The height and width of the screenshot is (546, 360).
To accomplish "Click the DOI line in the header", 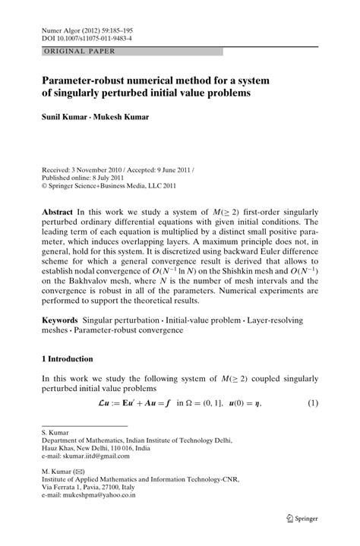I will click(x=86, y=36).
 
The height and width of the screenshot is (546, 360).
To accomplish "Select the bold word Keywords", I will click(x=62, y=333).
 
